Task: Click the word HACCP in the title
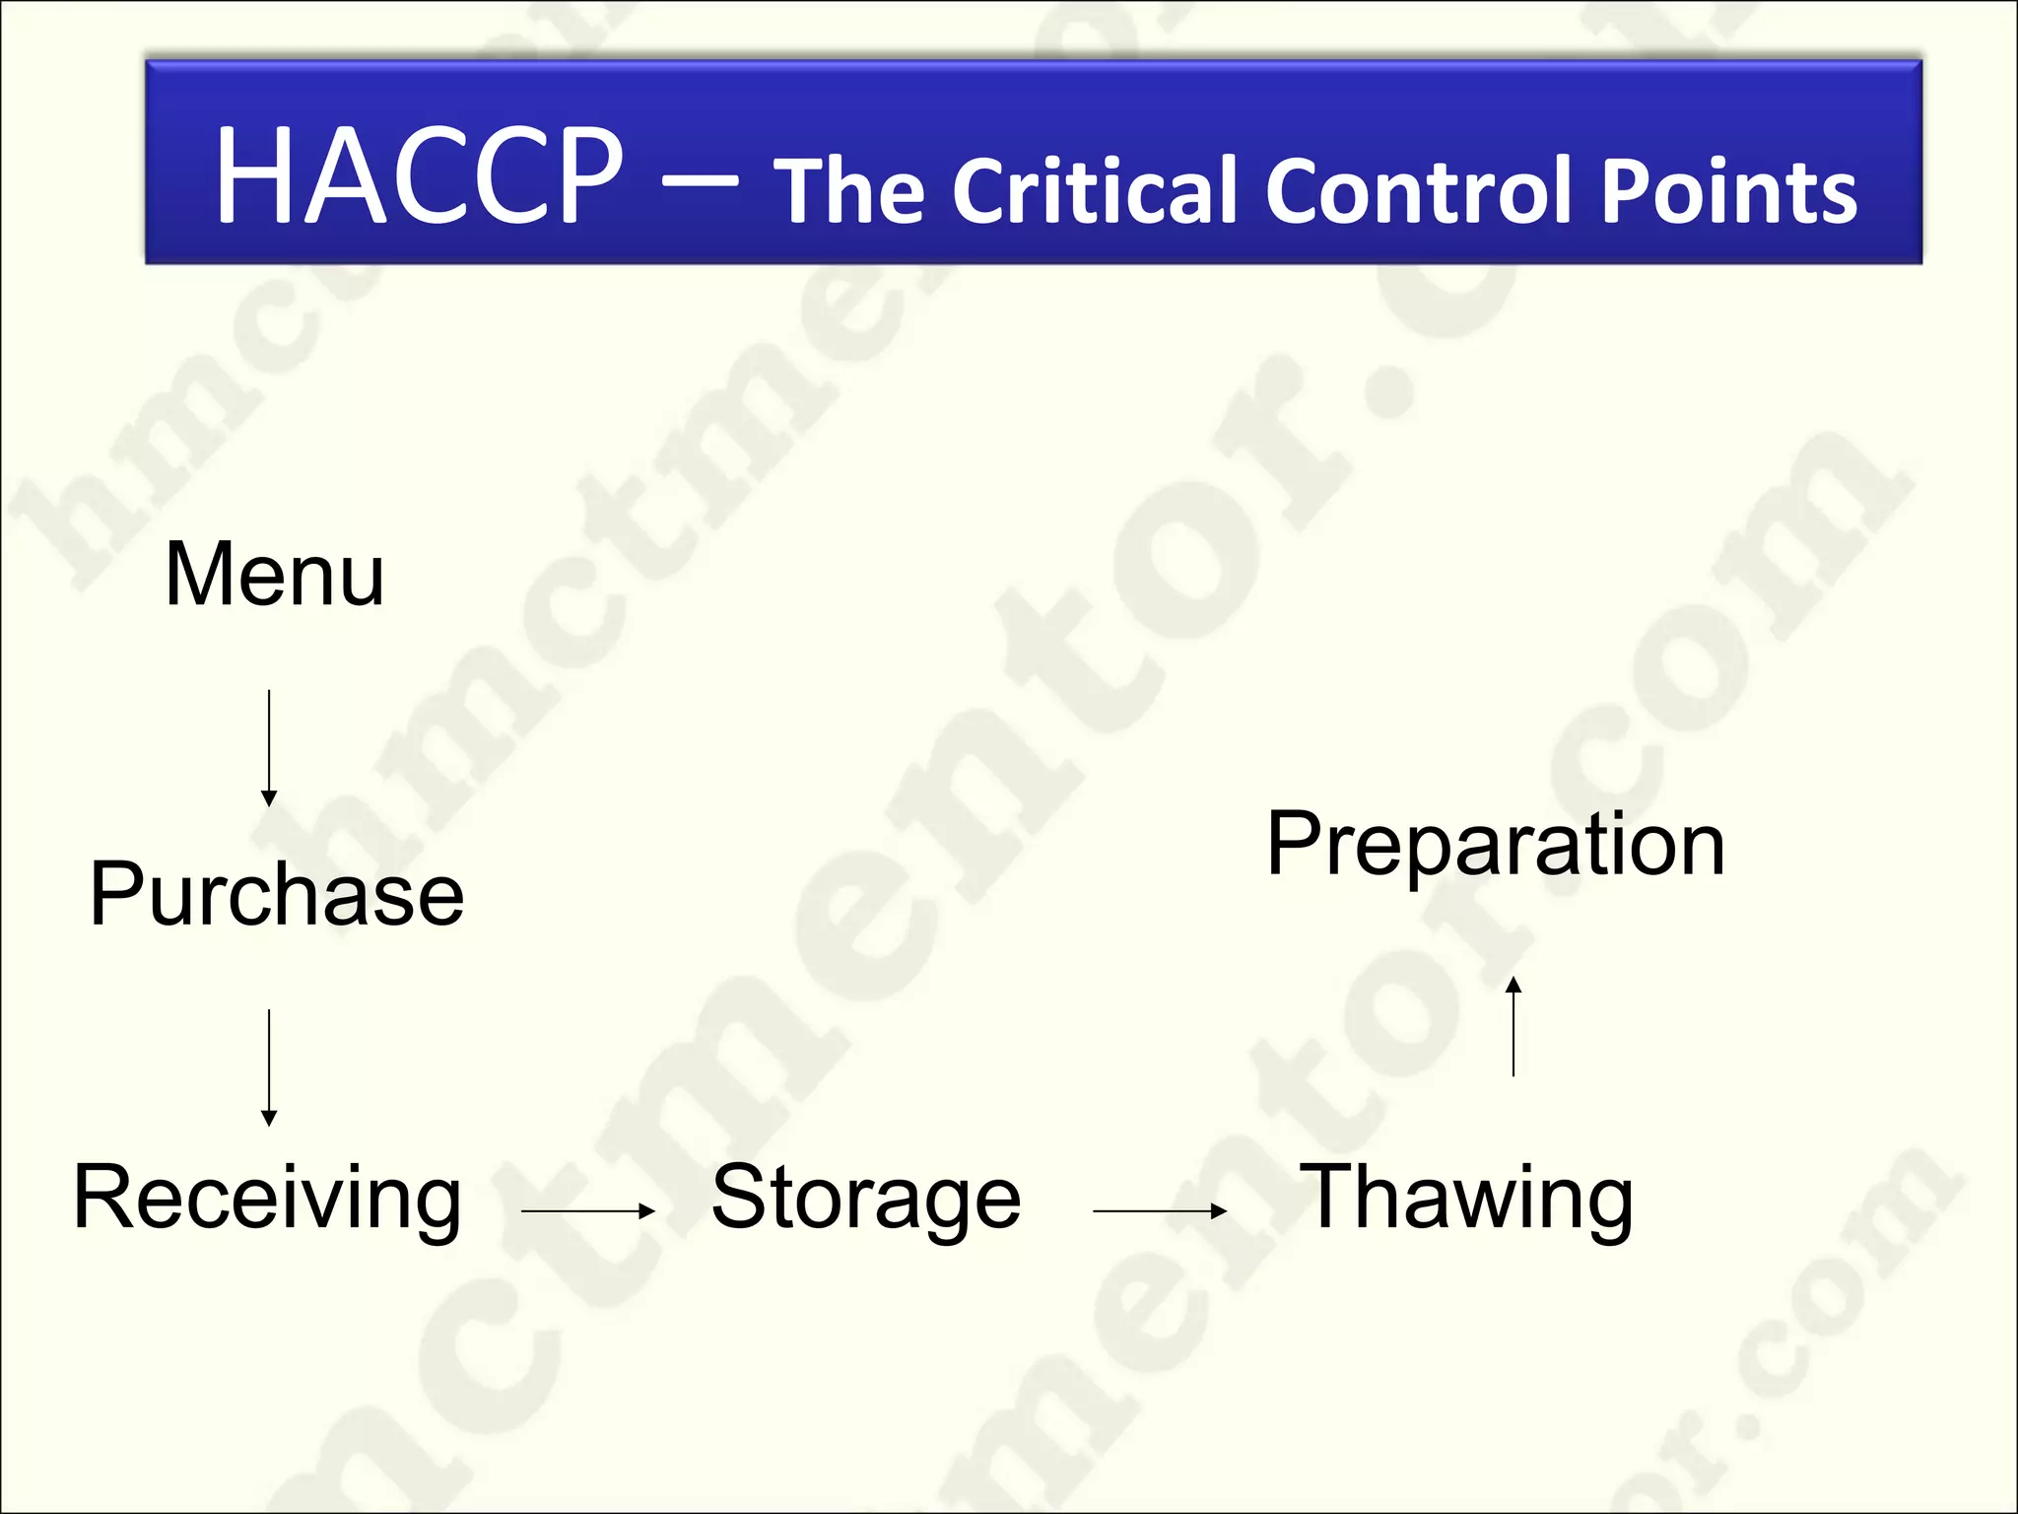pos(419,177)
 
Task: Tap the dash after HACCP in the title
pos(700,181)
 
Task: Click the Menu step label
pos(274,575)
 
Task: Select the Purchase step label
pos(276,895)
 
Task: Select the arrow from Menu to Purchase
pos(269,749)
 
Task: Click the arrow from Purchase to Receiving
pos(269,1067)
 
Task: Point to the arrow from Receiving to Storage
pos(588,1211)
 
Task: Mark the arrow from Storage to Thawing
pos(1160,1211)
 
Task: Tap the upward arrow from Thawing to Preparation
pos(1513,1026)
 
